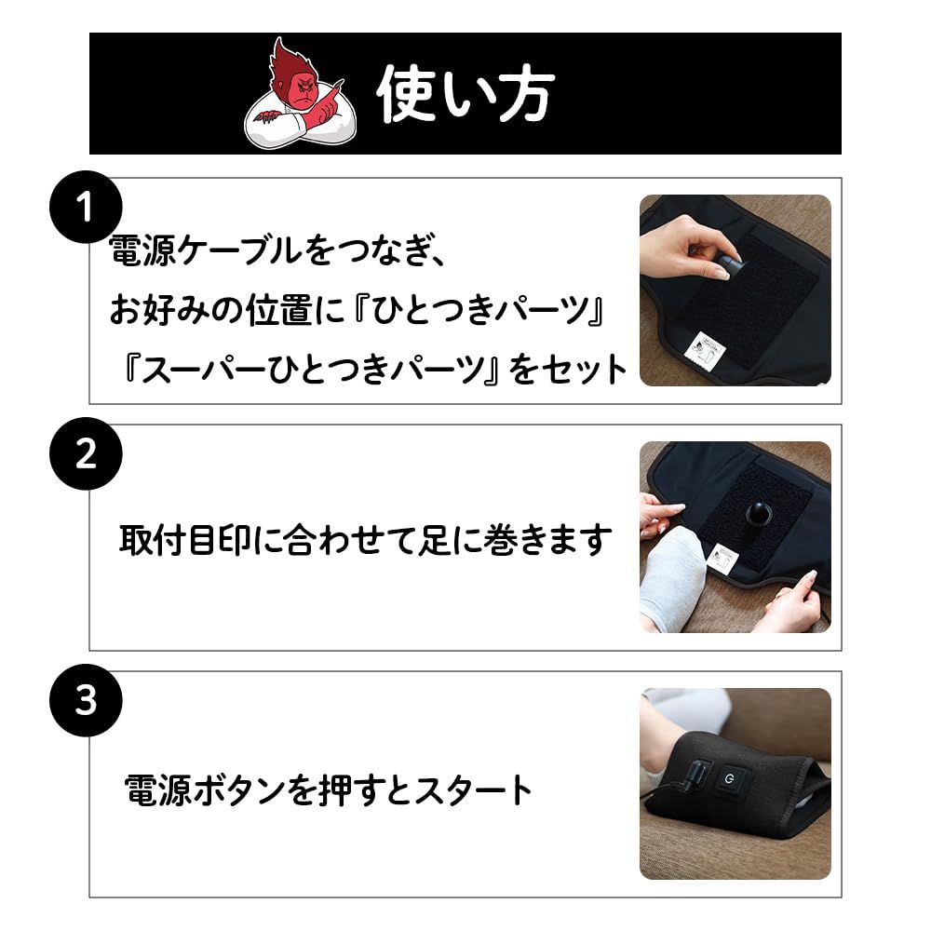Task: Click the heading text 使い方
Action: (x=465, y=94)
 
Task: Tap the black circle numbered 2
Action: (x=86, y=454)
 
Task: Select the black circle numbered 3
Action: (x=86, y=701)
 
